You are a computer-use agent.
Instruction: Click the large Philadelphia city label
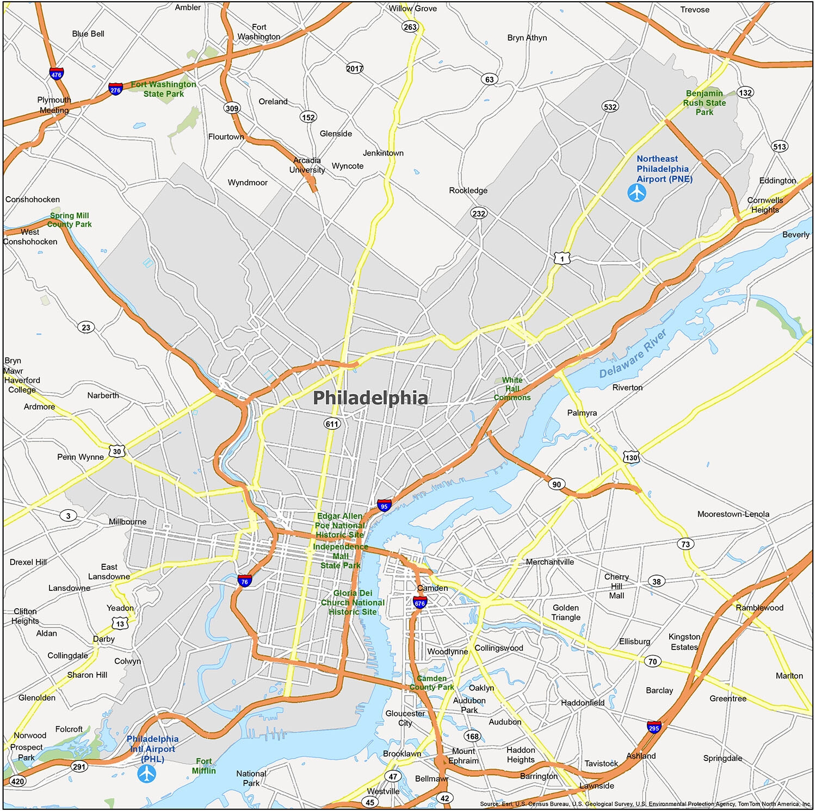[370, 398]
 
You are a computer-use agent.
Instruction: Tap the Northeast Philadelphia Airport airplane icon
[636, 193]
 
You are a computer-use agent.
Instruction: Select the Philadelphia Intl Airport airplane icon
[147, 773]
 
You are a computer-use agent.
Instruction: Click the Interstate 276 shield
[115, 89]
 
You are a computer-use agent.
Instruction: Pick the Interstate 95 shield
[384, 506]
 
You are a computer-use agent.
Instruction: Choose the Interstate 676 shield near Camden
[419, 602]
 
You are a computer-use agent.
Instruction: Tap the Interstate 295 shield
[654, 727]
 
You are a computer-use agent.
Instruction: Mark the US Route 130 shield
[631, 457]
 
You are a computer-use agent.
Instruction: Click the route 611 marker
[332, 424]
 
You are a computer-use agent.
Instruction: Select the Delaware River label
[633, 354]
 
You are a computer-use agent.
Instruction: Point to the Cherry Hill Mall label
[616, 586]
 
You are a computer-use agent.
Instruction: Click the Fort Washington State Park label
[163, 89]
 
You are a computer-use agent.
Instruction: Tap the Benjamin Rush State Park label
[704, 103]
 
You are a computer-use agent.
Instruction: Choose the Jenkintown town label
[383, 153]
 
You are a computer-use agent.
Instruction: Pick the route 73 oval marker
[685, 544]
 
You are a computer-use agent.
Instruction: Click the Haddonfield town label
[583, 703]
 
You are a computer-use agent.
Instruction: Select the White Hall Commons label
[512, 389]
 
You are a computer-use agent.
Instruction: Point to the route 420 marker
[17, 782]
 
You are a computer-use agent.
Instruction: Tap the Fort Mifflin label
[204, 766]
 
